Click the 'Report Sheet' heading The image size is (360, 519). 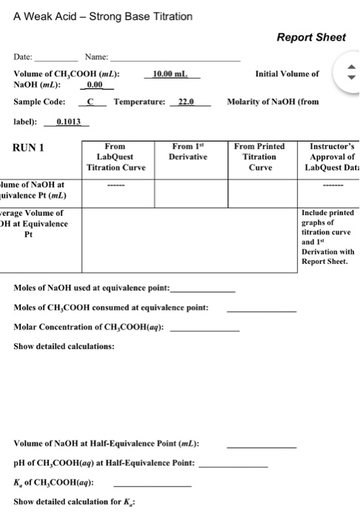click(311, 37)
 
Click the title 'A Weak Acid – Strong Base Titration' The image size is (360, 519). click(103, 16)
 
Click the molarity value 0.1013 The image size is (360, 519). click(69, 122)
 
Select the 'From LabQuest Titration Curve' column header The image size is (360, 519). click(116, 157)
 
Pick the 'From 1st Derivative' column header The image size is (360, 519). click(188, 152)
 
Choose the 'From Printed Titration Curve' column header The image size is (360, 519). click(259, 157)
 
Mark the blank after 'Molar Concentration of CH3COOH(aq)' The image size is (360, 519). click(204, 328)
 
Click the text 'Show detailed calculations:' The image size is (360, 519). click(64, 346)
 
